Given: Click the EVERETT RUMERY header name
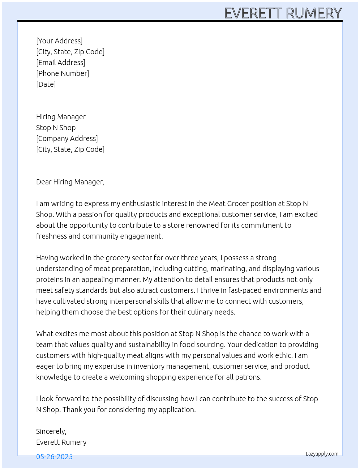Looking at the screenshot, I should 283,13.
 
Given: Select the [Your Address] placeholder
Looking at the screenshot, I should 59,41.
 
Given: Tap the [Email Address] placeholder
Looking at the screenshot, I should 61,63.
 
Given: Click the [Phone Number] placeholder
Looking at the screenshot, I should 63,73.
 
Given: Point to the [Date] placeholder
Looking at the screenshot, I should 46,84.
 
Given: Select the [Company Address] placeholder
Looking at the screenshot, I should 67,138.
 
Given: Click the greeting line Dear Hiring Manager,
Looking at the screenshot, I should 70,182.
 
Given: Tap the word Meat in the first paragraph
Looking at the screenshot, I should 217,204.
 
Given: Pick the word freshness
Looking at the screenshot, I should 51,236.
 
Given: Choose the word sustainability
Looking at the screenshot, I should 143,345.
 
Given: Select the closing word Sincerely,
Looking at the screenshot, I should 51,431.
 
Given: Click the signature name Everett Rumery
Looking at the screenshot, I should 61,442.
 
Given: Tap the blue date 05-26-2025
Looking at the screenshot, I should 54,457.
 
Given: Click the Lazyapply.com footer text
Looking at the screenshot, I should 322,454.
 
